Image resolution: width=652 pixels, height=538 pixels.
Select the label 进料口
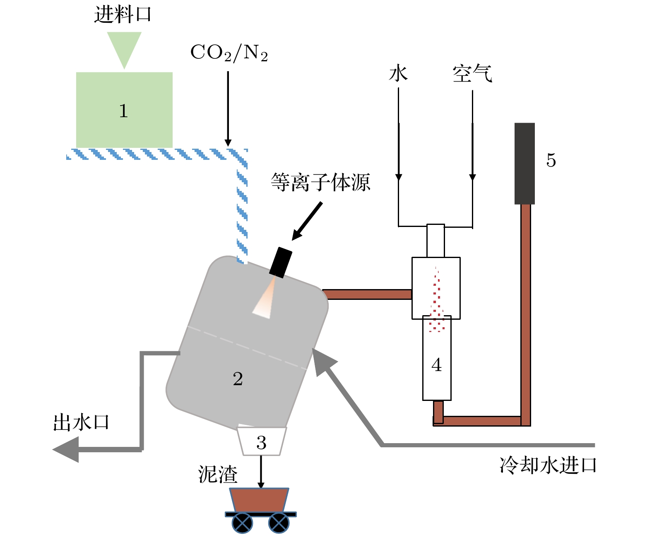[123, 14]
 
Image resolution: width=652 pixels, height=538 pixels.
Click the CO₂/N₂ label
[229, 53]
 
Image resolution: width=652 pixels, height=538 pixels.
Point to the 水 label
[398, 74]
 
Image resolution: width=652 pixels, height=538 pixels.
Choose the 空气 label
[472, 74]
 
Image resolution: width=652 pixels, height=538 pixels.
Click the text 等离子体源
[320, 182]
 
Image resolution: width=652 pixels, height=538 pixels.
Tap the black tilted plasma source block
[281, 262]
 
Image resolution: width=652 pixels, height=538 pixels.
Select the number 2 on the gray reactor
[238, 379]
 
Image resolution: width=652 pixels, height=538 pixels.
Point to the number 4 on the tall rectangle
[436, 365]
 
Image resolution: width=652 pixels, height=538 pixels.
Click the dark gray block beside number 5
[524, 163]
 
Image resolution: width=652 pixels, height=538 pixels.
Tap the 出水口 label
[81, 422]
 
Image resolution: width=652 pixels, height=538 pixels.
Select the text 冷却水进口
[548, 465]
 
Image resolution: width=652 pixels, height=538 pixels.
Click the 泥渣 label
[218, 474]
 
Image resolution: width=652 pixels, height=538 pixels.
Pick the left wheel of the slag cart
[242, 523]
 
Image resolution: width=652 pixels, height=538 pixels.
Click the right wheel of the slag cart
[279, 523]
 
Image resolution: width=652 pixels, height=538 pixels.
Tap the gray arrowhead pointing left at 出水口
[66, 449]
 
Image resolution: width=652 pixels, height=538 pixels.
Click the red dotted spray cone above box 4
[436, 302]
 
